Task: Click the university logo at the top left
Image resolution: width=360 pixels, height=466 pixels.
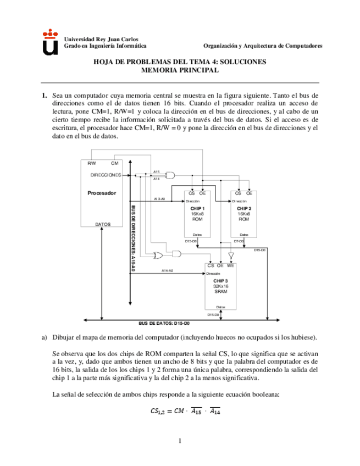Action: click(50, 43)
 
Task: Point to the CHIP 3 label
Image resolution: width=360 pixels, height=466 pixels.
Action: click(220, 281)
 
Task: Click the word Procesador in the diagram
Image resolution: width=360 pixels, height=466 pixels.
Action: click(102, 193)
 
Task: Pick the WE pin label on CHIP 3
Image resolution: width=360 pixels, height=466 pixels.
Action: click(231, 266)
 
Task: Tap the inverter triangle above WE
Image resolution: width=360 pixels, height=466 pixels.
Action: click(231, 256)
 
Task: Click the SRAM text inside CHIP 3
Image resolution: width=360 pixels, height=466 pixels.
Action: click(220, 292)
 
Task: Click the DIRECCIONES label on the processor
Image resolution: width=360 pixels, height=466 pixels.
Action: click(106, 175)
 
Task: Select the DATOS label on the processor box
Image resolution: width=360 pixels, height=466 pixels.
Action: click(102, 224)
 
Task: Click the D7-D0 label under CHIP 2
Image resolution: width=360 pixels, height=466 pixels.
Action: click(239, 241)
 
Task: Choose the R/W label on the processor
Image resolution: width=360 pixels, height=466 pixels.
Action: click(92, 163)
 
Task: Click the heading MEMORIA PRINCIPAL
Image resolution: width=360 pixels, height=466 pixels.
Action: click(180, 70)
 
